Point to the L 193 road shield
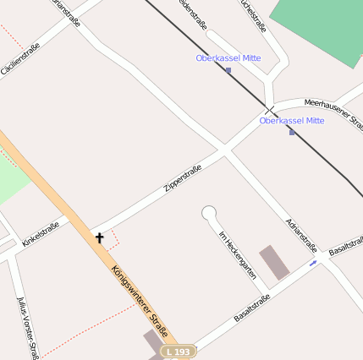tap(179, 351)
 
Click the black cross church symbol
tap(99, 238)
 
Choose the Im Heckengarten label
tap(237, 254)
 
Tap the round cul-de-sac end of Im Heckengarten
tap(209, 213)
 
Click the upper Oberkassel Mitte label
tap(228, 58)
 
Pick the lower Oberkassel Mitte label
tap(292, 121)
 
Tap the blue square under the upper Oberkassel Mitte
tap(228, 70)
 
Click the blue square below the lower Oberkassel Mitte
tap(292, 132)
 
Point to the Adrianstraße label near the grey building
tap(301, 234)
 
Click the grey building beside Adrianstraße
tap(274, 262)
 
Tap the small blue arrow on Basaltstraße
tap(313, 264)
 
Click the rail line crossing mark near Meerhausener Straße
tap(270, 109)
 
